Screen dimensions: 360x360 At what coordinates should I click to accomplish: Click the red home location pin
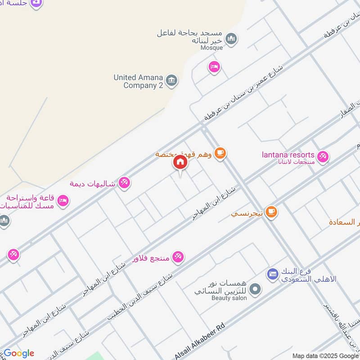pos(180,162)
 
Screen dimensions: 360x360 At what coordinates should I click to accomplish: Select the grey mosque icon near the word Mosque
pos(231,39)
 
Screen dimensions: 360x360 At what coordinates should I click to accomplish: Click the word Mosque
pos(211,48)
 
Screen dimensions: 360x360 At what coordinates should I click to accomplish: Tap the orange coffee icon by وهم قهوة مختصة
pos(220,153)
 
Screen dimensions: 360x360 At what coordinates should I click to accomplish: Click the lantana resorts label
pos(288,155)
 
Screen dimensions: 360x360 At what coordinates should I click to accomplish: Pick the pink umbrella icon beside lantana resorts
pos(322,157)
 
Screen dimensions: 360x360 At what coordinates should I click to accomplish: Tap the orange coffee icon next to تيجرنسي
pos(271,211)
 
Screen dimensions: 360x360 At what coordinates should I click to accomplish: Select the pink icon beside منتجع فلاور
pos(179,257)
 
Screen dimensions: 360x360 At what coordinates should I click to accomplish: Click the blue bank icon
pos(272,274)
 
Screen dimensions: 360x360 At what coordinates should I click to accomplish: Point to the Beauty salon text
pos(229,298)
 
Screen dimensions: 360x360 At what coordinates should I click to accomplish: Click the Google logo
pos(19,353)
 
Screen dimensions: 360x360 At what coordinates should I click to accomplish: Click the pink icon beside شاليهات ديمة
pos(124,183)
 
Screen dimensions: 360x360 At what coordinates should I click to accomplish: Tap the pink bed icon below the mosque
pos(214,67)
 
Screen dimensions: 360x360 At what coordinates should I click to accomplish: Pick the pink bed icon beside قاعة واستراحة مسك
pos(63,201)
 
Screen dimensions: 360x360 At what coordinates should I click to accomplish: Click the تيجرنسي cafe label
pos(247,214)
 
